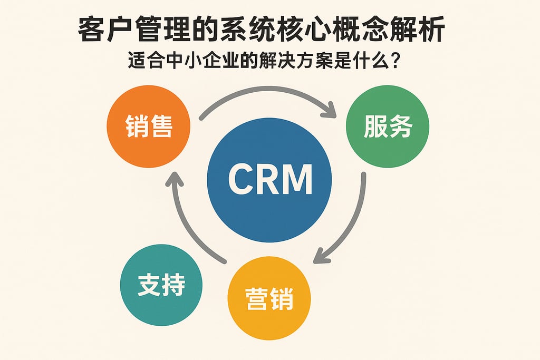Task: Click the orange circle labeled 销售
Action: click(149, 127)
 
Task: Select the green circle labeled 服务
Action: click(387, 127)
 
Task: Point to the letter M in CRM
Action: click(297, 179)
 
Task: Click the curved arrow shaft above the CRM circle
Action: click(264, 95)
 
